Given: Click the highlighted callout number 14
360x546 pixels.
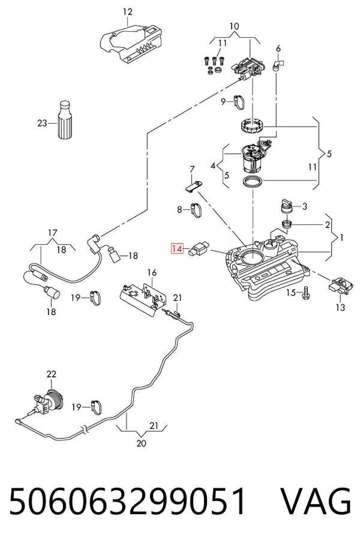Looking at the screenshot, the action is coord(177,249).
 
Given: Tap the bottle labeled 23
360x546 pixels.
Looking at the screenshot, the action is coord(65,120).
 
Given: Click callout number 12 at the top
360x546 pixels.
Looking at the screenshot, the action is coord(128,12).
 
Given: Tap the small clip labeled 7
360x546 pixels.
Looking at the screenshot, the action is coord(193,184).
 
